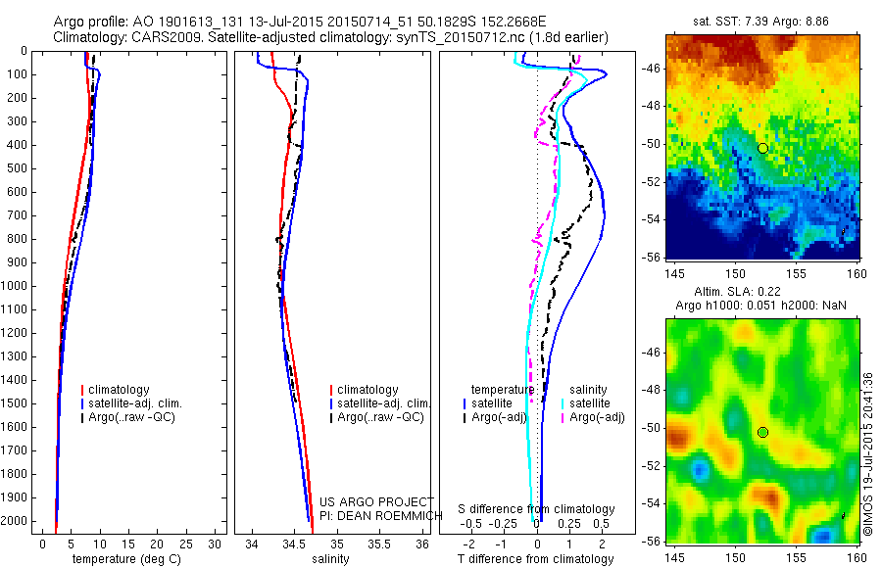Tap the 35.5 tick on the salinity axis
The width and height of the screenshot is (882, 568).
378,544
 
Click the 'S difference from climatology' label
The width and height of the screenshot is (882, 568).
537,509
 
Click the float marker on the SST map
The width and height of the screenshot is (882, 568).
762,148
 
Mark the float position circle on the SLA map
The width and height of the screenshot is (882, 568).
762,432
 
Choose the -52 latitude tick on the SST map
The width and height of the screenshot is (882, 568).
651,181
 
